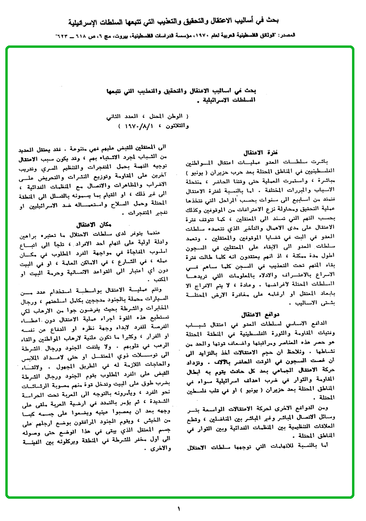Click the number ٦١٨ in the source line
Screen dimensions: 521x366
pos(79,36)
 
